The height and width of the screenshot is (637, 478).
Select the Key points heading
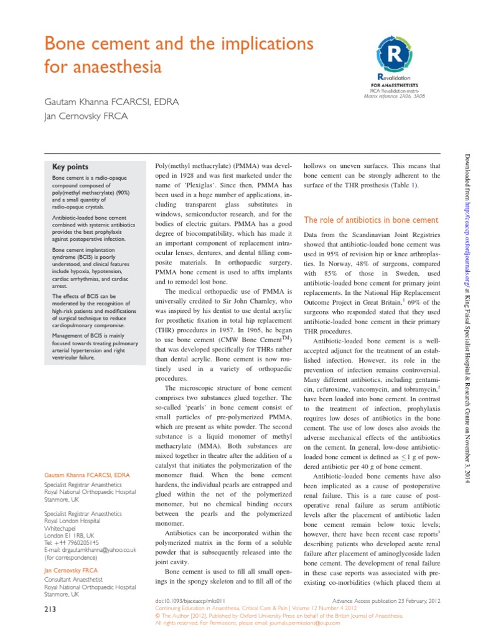click(70, 167)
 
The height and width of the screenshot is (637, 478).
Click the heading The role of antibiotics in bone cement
click(371, 220)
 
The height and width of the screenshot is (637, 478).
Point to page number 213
click(50, 611)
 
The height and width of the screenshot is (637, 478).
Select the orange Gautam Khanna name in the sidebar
click(87, 476)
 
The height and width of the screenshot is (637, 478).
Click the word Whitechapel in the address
click(62, 528)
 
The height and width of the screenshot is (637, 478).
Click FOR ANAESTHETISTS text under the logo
click(394, 84)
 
